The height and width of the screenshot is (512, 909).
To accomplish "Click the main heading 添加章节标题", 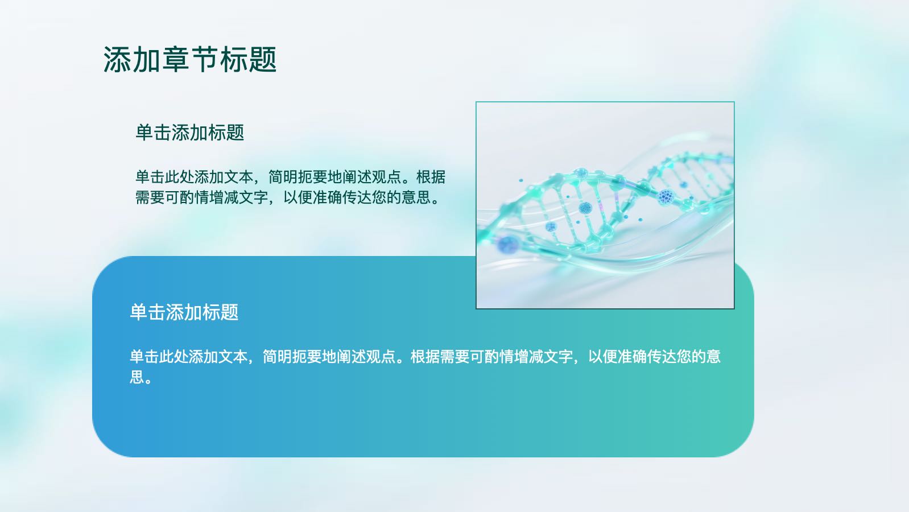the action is (190, 60).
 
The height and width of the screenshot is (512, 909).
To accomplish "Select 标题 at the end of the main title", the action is (249, 60).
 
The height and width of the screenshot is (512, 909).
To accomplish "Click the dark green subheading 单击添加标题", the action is (189, 133).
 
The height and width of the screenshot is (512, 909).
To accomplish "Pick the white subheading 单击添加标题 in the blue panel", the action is (184, 312).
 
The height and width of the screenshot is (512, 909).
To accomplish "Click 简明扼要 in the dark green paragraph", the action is (298, 177).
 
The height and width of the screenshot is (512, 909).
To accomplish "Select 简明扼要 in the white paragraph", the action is (292, 357).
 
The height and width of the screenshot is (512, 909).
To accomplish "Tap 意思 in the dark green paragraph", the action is (416, 197).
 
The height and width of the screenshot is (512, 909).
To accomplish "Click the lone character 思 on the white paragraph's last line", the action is (137, 377).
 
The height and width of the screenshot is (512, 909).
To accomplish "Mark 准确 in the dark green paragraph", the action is (327, 197).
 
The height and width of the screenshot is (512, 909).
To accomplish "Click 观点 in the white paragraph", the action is (381, 357).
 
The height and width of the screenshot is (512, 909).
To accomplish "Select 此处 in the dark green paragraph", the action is (179, 177).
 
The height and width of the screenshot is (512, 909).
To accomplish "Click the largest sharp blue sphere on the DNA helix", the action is (666, 197).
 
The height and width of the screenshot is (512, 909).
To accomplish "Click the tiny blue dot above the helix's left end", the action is (521, 180).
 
